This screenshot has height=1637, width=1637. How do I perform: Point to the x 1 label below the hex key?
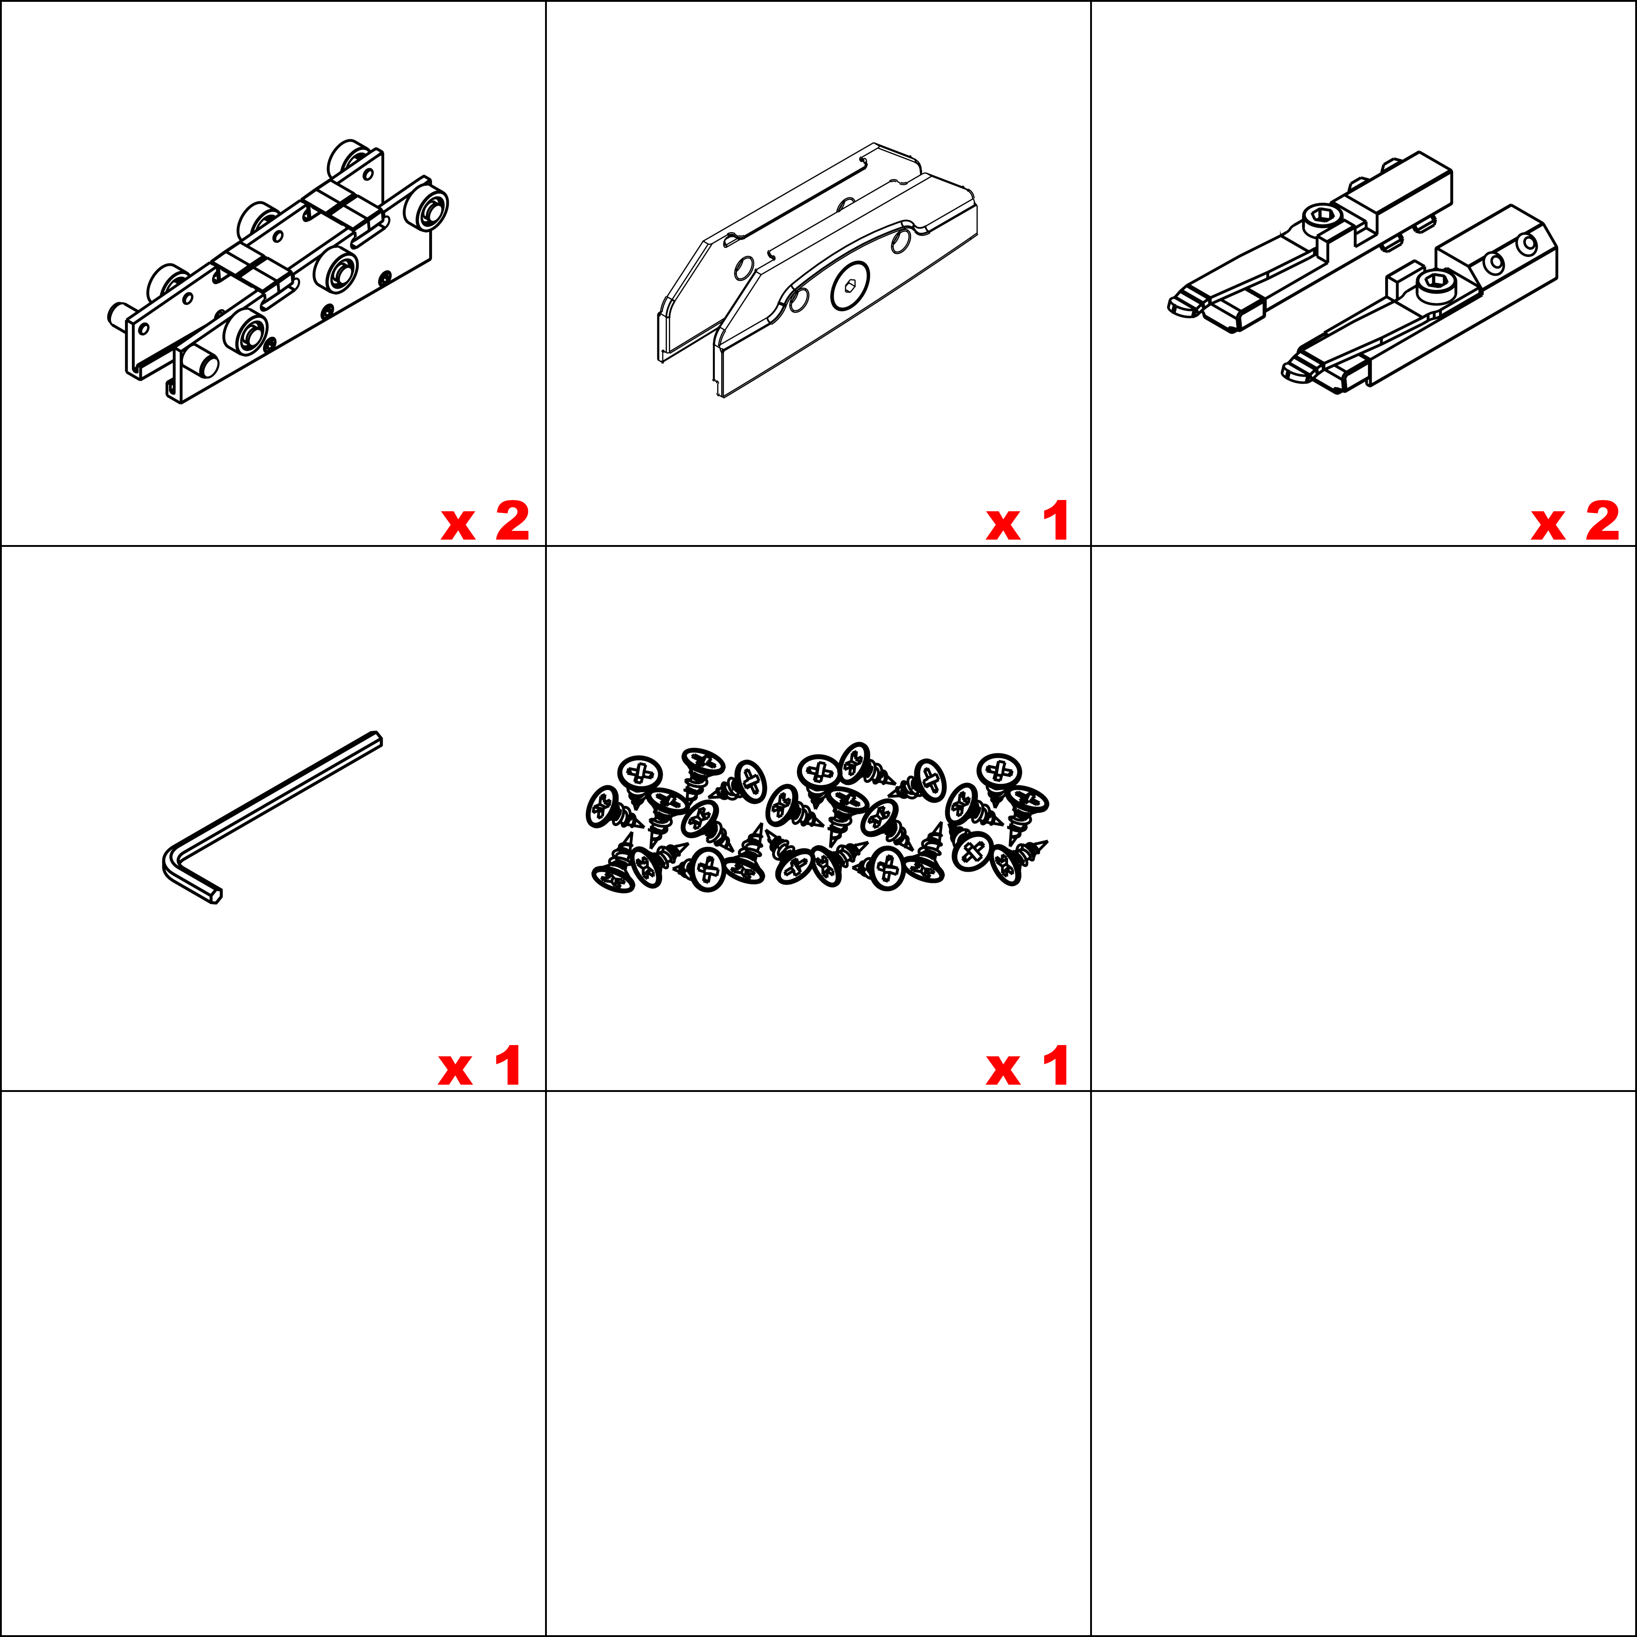coord(480,1066)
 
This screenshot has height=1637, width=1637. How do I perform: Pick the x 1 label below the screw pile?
coord(1027,1066)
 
